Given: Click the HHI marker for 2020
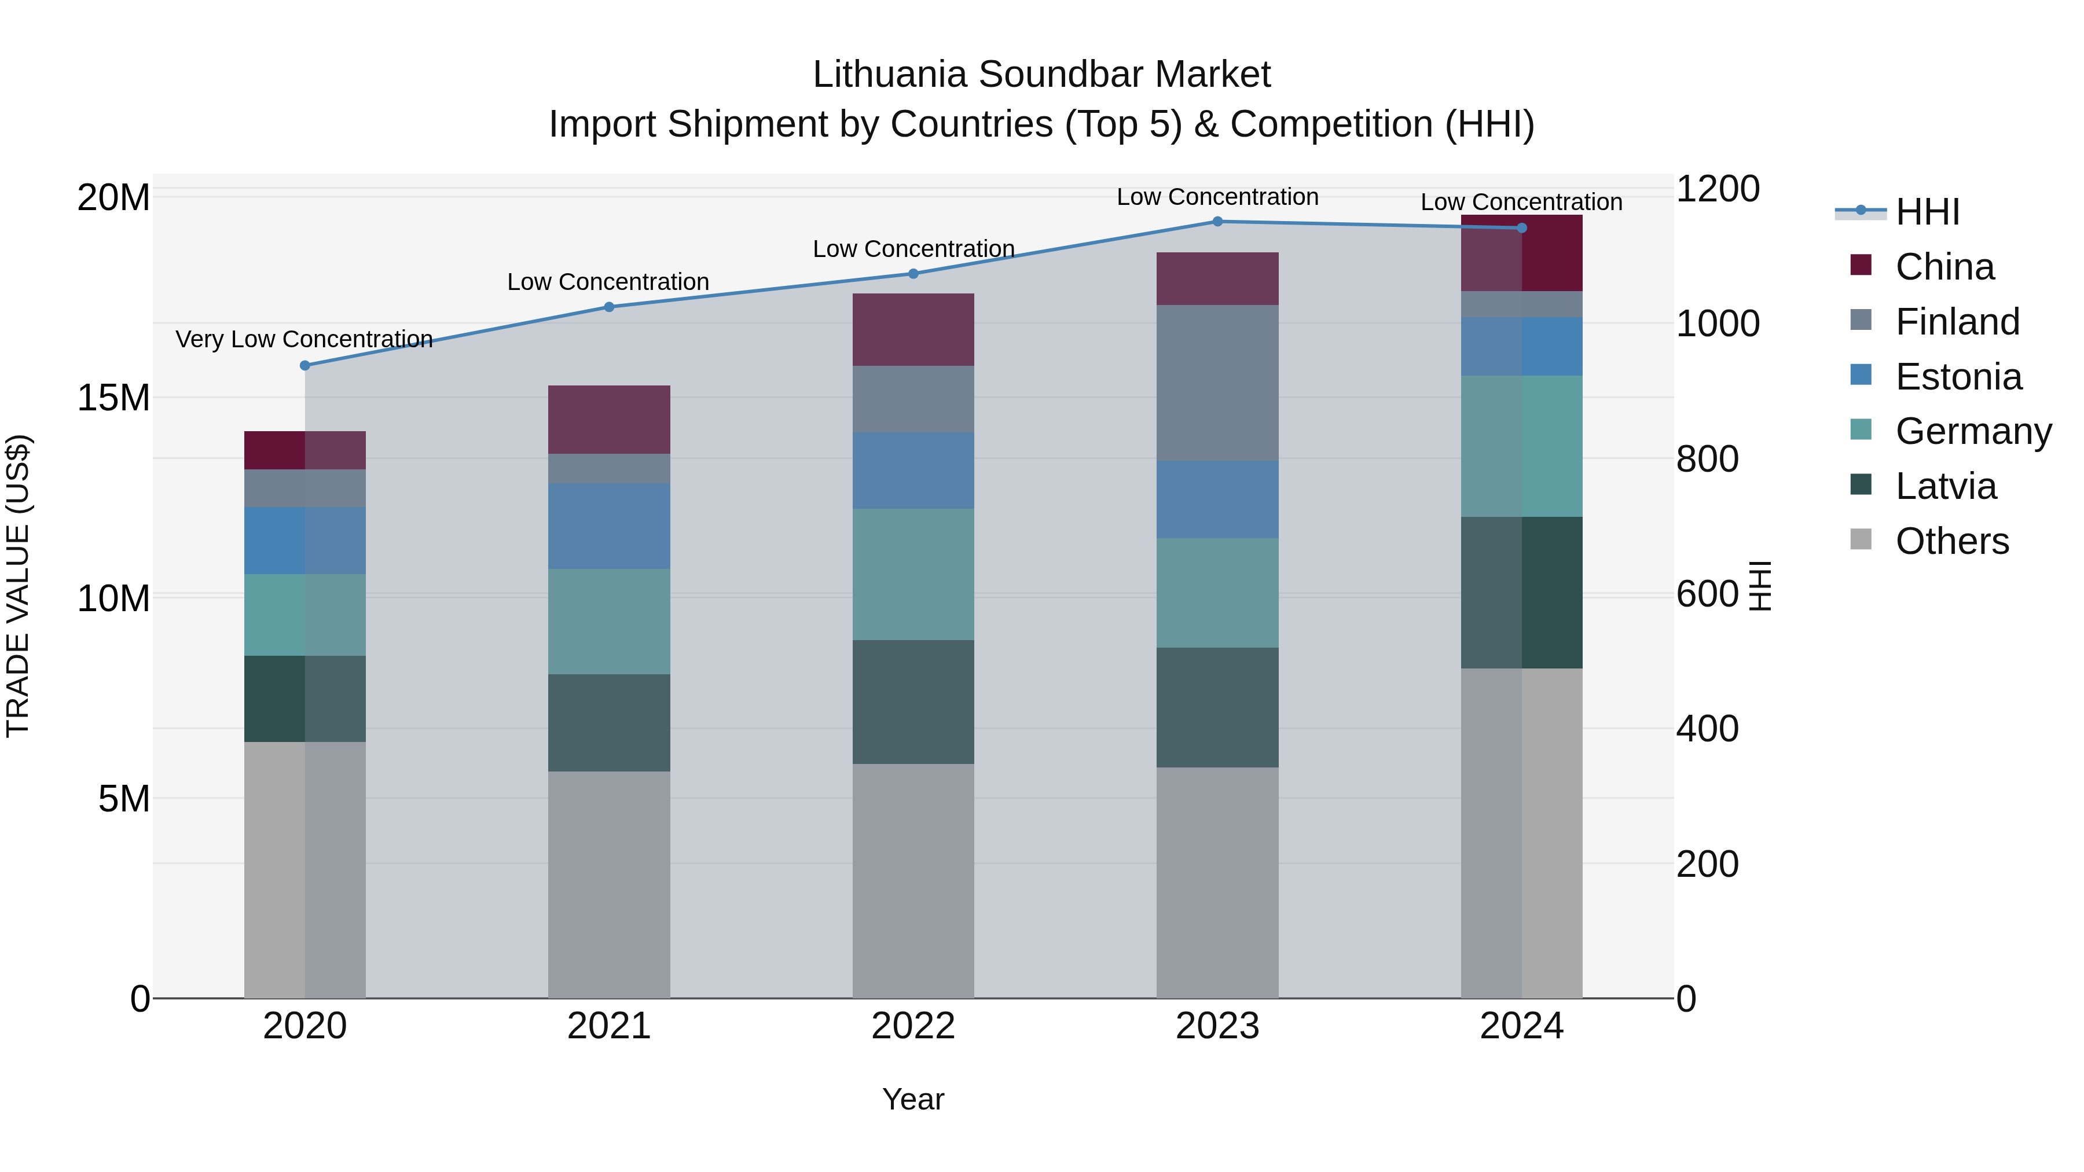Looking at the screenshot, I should (305, 366).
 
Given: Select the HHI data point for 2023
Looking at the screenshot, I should (1217, 222).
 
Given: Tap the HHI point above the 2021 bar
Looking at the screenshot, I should (609, 307).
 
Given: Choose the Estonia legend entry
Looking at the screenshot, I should (1958, 377).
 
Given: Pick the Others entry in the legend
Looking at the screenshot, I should (1951, 541).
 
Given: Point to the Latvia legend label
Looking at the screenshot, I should (1946, 486).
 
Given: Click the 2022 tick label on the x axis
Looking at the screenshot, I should (913, 1026).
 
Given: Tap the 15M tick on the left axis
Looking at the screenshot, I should (113, 398).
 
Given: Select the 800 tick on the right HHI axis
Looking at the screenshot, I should (1707, 460).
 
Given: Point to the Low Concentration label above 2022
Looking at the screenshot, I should (913, 249).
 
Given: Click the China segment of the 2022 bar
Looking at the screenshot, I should (913, 329).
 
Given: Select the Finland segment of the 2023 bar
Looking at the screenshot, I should (1217, 383).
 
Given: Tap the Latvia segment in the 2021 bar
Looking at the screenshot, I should (609, 722).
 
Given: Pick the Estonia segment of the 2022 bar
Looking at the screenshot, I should (913, 470).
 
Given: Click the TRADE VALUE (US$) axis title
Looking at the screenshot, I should (18, 586).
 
